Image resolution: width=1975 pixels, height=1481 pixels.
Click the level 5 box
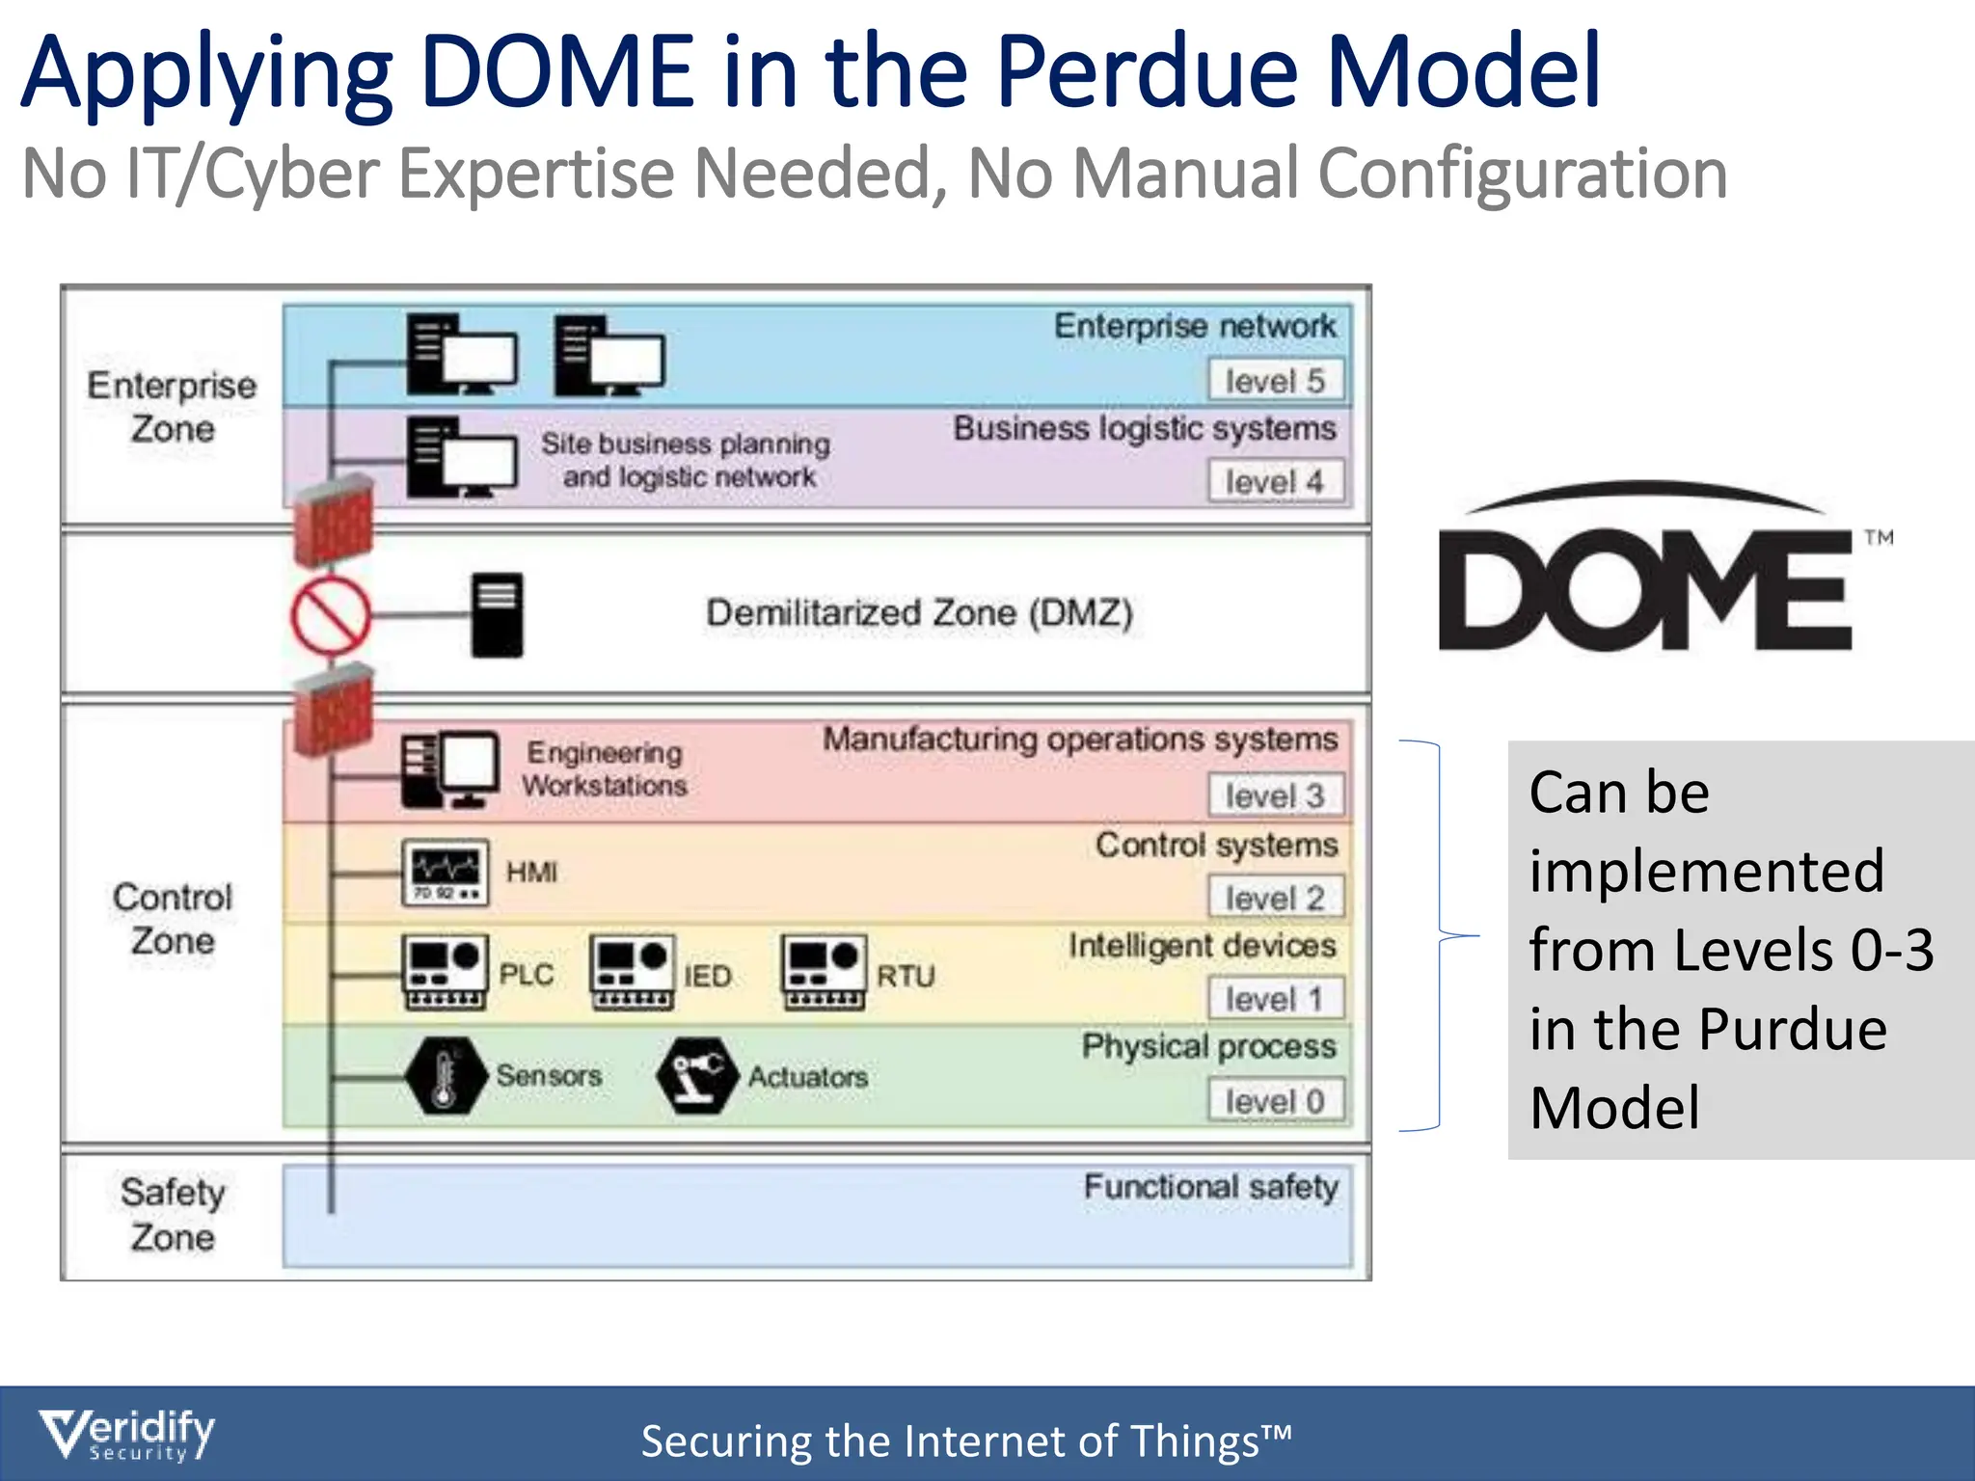[x=1275, y=381]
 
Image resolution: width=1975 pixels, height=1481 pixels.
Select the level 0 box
[x=1275, y=1101]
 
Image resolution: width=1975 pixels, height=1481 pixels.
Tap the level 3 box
[x=1275, y=796]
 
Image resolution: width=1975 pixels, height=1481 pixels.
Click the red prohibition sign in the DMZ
[x=331, y=615]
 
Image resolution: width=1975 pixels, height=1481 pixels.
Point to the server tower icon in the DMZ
[x=498, y=615]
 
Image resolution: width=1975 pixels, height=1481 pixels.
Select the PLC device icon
[x=445, y=972]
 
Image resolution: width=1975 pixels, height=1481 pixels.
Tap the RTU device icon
[x=824, y=972]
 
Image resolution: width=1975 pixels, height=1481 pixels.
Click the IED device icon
[x=632, y=972]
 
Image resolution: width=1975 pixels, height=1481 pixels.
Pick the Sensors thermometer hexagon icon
[x=446, y=1076]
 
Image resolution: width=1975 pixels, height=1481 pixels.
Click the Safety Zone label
[x=173, y=1215]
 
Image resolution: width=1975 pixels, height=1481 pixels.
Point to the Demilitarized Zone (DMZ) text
[x=919, y=613]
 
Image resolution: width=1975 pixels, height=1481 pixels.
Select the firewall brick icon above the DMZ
[x=334, y=521]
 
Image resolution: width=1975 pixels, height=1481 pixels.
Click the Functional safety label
[x=1210, y=1187]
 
